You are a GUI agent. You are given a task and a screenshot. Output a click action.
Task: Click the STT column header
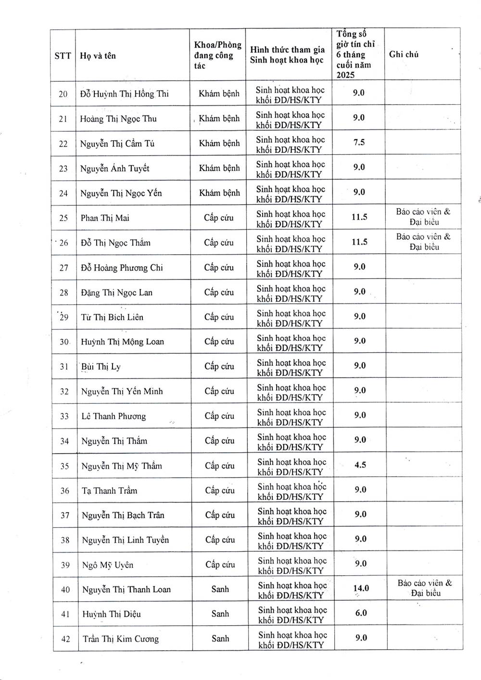tap(63, 56)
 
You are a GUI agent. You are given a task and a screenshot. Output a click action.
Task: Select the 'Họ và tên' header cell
tap(98, 56)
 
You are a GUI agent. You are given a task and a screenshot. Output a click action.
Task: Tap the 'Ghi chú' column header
tap(404, 54)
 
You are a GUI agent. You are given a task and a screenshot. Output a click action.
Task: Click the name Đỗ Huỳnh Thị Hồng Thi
tap(125, 94)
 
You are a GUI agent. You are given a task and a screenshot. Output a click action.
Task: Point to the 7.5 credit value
tap(359, 142)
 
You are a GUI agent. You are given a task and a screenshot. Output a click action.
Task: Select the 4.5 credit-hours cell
tap(360, 465)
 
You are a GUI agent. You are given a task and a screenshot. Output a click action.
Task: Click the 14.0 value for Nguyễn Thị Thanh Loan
tap(361, 588)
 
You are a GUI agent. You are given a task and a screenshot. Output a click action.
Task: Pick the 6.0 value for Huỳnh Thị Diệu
tap(361, 613)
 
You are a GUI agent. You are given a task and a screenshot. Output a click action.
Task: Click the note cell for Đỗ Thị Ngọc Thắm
tap(423, 242)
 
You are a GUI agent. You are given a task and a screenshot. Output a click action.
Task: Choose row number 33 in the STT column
tap(64, 416)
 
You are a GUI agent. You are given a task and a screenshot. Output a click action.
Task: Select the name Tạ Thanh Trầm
tap(110, 491)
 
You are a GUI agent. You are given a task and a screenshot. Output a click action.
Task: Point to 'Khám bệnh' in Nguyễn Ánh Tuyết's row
tap(219, 168)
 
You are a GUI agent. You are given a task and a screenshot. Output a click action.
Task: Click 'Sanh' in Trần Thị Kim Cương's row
tap(220, 638)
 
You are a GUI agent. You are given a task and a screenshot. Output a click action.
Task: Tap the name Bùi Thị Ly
tap(101, 367)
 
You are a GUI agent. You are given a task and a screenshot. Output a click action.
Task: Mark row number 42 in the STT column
tap(66, 639)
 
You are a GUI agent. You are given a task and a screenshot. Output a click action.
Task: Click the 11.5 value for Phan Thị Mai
tap(359, 217)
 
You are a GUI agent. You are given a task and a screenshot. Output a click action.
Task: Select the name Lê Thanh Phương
tap(114, 416)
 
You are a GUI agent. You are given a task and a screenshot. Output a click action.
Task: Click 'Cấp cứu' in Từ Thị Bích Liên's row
tap(219, 317)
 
